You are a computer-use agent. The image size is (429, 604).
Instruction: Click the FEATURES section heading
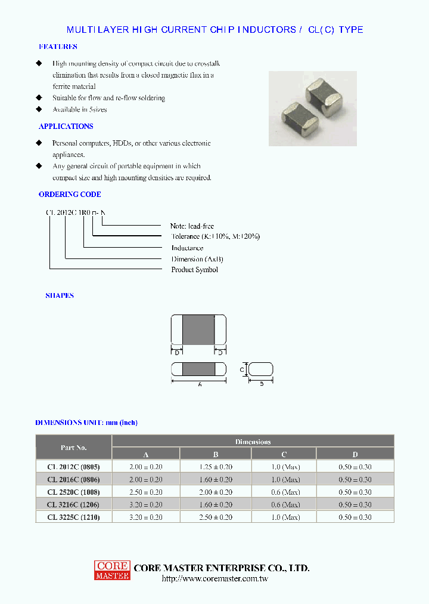[58, 47]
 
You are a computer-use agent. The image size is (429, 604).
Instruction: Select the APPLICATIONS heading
[66, 127]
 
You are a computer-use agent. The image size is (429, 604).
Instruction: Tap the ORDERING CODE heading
[70, 195]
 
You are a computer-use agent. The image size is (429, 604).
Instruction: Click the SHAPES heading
[60, 296]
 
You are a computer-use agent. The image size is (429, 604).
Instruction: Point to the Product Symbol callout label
[194, 270]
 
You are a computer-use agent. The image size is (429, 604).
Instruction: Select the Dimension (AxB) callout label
[197, 259]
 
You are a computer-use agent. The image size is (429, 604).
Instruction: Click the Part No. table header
[74, 448]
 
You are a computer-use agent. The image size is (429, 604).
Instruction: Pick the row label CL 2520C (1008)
[73, 492]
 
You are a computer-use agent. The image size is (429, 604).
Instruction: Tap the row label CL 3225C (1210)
[73, 517]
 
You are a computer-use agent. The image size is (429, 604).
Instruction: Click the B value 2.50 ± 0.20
[216, 517]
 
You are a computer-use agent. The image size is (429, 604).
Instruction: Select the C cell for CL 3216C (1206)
[283, 505]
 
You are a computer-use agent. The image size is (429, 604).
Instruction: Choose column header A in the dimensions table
[145, 454]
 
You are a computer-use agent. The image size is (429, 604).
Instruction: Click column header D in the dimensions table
[355, 454]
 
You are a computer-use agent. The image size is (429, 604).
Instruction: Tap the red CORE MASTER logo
[111, 570]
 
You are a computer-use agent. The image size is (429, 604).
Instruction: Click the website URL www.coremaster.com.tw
[214, 579]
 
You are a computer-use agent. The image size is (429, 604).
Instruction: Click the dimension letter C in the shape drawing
[243, 369]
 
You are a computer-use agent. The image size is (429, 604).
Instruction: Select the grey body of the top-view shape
[198, 329]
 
